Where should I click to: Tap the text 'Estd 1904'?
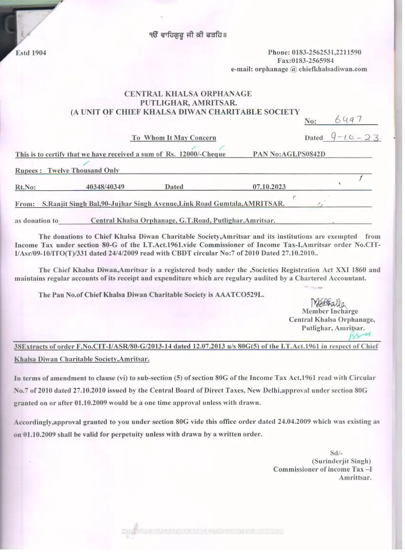[31, 53]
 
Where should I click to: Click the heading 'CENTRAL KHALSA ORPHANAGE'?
[188, 94]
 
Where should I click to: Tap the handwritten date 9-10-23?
[352, 137]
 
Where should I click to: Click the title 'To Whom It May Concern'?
[174, 137]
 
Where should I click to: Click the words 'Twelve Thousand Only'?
[83, 170]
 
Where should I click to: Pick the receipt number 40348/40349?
[106, 187]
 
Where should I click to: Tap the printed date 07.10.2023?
[269, 187]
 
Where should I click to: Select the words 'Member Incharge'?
[330, 311]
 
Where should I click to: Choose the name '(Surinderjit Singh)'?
[341, 461]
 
